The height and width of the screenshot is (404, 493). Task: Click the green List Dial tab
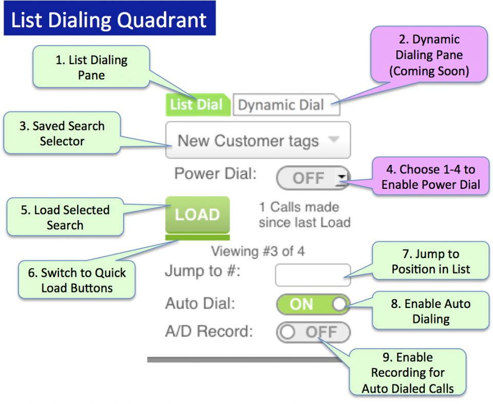coord(197,105)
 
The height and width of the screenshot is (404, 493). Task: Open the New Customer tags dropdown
coord(258,140)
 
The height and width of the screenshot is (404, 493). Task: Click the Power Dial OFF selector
coord(313,178)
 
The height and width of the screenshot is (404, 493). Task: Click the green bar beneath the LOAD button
coord(197,237)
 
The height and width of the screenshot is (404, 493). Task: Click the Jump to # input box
coord(313,275)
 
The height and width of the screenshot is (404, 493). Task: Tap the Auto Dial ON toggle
coord(313,304)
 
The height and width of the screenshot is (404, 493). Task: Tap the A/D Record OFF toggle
coord(313,332)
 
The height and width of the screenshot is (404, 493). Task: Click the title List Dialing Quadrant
coord(109,20)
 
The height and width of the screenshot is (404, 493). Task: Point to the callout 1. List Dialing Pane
coord(91,67)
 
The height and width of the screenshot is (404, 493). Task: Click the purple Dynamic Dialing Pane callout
coord(429,55)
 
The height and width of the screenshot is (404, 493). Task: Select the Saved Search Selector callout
coord(62,133)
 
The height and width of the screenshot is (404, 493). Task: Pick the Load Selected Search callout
coord(65,217)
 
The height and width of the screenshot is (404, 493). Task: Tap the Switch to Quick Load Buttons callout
coord(77,280)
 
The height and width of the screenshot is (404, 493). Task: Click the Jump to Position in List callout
coord(430,261)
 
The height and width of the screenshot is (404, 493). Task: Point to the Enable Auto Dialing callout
coord(430,311)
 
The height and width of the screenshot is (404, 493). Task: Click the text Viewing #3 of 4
coord(258,252)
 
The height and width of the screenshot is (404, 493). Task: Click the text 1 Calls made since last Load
coord(305,215)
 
